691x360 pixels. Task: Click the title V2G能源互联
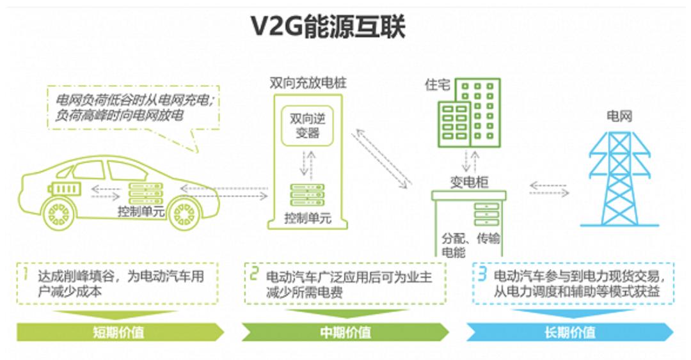pos(328,26)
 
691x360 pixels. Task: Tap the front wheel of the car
pos(184,214)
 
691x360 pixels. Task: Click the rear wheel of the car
pos(59,214)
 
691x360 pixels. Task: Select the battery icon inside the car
pos(65,189)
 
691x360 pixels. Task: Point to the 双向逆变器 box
pos(307,125)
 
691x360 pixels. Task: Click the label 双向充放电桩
pos(308,83)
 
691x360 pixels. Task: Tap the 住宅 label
pos(437,84)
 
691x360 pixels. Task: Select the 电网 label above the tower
pos(619,116)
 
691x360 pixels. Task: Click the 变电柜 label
pos(469,182)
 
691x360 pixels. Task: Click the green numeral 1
pos(26,274)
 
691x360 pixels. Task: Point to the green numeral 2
pos(254,274)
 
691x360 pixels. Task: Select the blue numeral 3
pos(482,274)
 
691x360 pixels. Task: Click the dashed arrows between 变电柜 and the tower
pos(549,189)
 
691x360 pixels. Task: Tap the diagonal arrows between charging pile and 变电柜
pos(381,159)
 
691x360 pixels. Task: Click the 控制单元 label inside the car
pos(141,212)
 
